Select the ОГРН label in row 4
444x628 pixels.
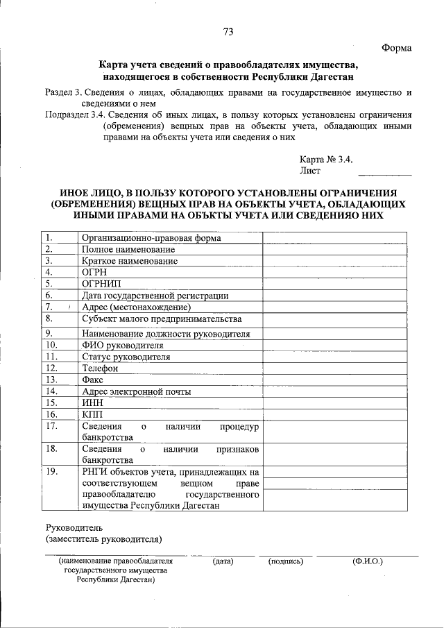94,272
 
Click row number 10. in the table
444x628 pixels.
51,344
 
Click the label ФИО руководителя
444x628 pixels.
122,344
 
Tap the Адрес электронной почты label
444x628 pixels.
136,391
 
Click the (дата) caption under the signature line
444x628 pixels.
223,561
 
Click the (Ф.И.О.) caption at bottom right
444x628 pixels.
368,561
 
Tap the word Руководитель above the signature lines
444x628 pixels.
74,527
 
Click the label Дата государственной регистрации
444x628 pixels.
155,296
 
